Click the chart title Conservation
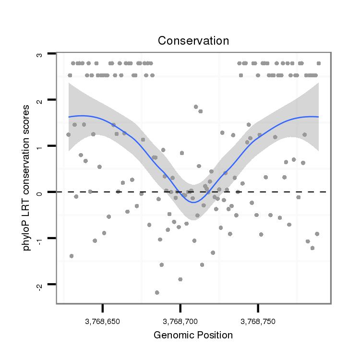[193, 41]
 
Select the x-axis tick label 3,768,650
[102, 321]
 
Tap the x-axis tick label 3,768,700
[180, 321]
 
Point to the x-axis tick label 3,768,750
[258, 321]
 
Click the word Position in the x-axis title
[213, 335]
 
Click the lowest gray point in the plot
[157, 292]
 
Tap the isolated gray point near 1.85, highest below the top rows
[196, 107]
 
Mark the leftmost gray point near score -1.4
[72, 256]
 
